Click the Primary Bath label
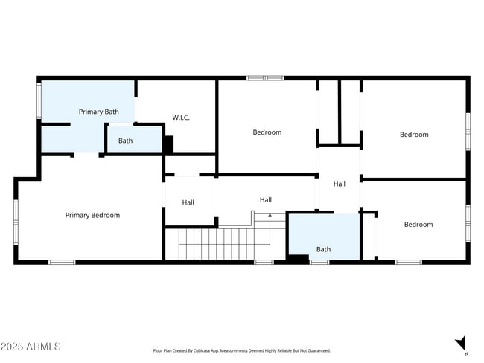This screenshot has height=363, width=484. [99, 112]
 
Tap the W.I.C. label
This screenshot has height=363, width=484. [182, 118]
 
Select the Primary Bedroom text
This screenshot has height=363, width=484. [92, 216]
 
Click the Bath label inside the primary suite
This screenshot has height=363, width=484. [125, 141]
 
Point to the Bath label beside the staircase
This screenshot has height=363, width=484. [323, 250]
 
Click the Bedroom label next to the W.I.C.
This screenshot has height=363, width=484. [267, 132]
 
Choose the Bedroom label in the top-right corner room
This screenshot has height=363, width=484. [414, 135]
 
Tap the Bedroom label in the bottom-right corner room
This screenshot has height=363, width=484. [418, 225]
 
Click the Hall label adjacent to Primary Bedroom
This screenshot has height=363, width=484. [188, 202]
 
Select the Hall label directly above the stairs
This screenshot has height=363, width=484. [266, 200]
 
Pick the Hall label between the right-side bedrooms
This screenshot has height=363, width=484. [340, 184]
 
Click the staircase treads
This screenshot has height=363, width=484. [216, 244]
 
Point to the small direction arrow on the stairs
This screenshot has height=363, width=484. [270, 216]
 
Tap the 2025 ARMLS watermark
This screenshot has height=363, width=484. [31, 347]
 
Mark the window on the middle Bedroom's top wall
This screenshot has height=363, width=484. [265, 77]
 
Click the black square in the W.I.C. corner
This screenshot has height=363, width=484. [168, 144]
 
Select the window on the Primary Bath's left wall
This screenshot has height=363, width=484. [39, 100]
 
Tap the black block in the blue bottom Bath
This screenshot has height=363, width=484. [298, 258]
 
